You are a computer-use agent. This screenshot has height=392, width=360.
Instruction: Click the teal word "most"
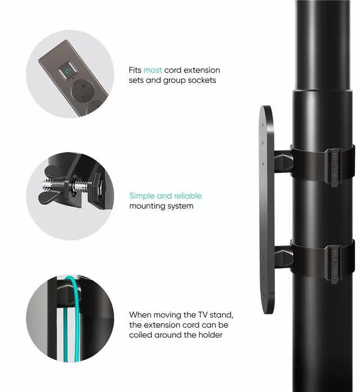click(152, 70)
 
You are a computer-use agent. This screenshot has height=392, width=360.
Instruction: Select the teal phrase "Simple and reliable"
click(165, 196)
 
